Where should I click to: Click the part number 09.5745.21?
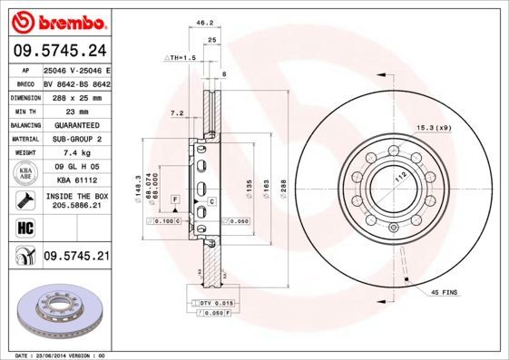pos(76,257)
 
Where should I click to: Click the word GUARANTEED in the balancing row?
pos(76,124)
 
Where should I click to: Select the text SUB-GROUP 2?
pos(76,139)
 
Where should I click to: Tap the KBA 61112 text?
pos(76,182)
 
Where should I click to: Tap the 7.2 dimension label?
pos(177,113)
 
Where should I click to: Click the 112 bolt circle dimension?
pos(396,178)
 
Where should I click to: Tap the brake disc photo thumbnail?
pos(56,312)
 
